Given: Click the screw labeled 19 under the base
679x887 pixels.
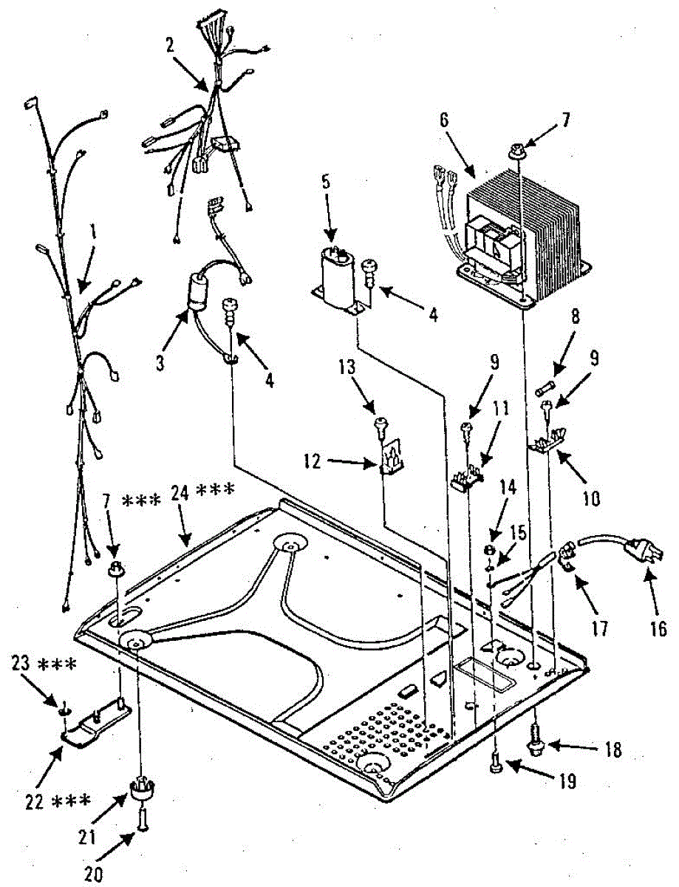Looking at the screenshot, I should tap(496, 769).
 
